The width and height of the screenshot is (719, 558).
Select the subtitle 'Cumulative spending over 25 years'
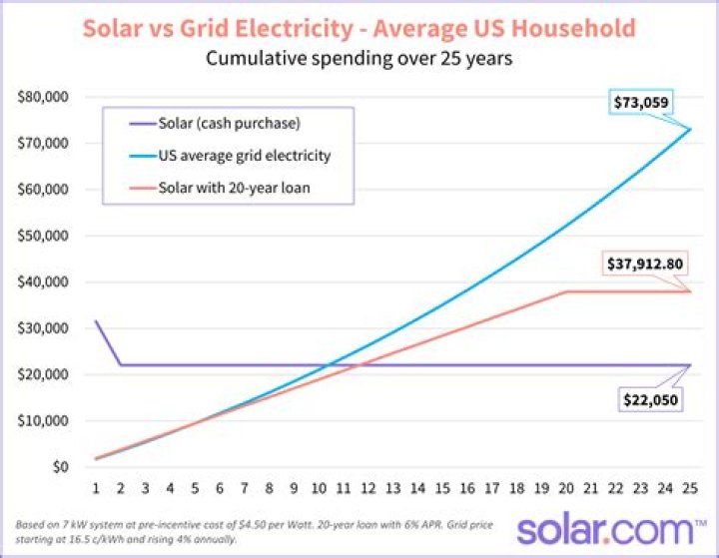(359, 58)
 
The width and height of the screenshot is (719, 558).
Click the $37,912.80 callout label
(644, 266)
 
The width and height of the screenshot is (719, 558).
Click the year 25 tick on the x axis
(688, 489)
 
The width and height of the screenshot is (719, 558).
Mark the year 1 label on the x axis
(97, 489)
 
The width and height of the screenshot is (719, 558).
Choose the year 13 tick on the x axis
(391, 489)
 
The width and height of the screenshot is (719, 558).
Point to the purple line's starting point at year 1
(97, 321)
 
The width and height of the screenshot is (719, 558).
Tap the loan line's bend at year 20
(565, 291)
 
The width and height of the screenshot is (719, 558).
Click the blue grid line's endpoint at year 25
(688, 129)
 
